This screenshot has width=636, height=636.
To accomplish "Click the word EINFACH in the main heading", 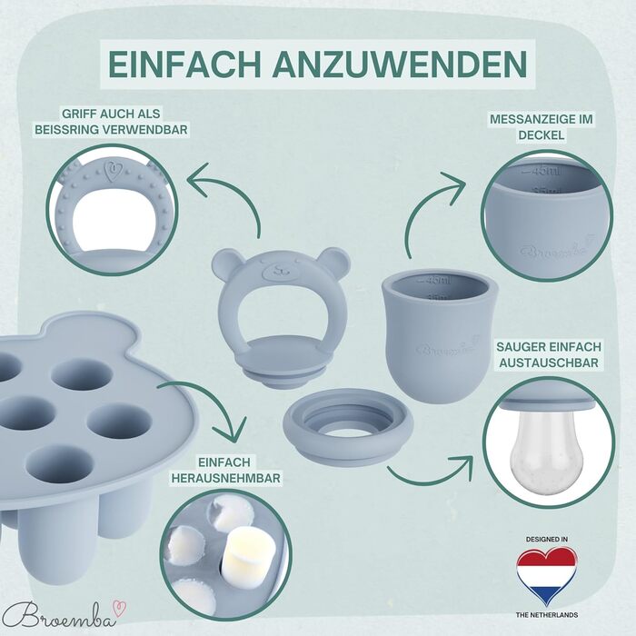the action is (x=184, y=65).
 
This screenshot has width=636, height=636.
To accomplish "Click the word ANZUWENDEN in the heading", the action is (x=400, y=65).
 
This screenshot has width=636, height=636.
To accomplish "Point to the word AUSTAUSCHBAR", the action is (x=549, y=363).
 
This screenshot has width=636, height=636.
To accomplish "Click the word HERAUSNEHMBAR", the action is (x=226, y=478).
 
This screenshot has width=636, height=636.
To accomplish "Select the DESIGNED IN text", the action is (x=547, y=539).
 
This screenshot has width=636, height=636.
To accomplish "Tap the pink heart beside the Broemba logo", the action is (x=121, y=609).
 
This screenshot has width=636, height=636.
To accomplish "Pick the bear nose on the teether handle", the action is (x=280, y=269).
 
